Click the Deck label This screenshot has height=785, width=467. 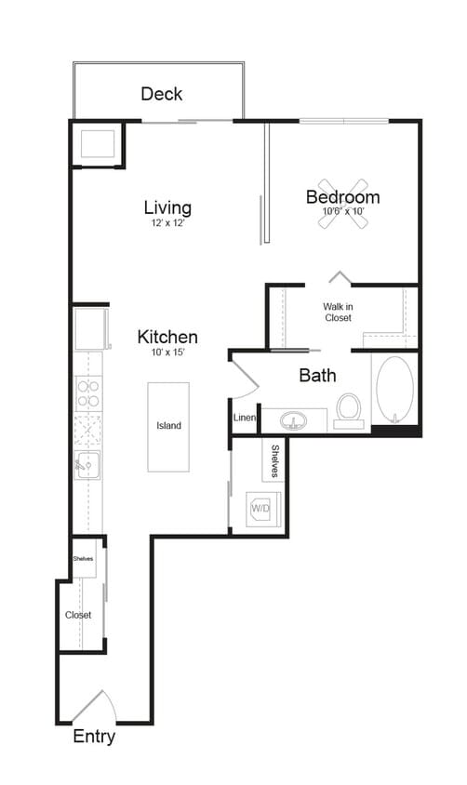(x=162, y=94)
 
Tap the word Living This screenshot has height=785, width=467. (x=167, y=206)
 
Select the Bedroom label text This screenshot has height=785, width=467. (x=342, y=197)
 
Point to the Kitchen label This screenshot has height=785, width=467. (x=167, y=337)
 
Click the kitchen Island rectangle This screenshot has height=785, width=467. (x=168, y=426)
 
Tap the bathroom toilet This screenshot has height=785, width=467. (x=348, y=408)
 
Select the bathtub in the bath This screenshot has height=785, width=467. (x=394, y=391)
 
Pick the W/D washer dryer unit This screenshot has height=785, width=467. (x=258, y=509)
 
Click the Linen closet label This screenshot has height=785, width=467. (x=244, y=418)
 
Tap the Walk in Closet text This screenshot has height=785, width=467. (x=338, y=312)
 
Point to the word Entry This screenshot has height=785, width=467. (x=94, y=738)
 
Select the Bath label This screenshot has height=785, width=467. (x=317, y=376)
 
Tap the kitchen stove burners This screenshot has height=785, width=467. (x=87, y=394)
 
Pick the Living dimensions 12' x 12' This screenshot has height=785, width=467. (x=167, y=224)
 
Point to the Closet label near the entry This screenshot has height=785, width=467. (x=77, y=615)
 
